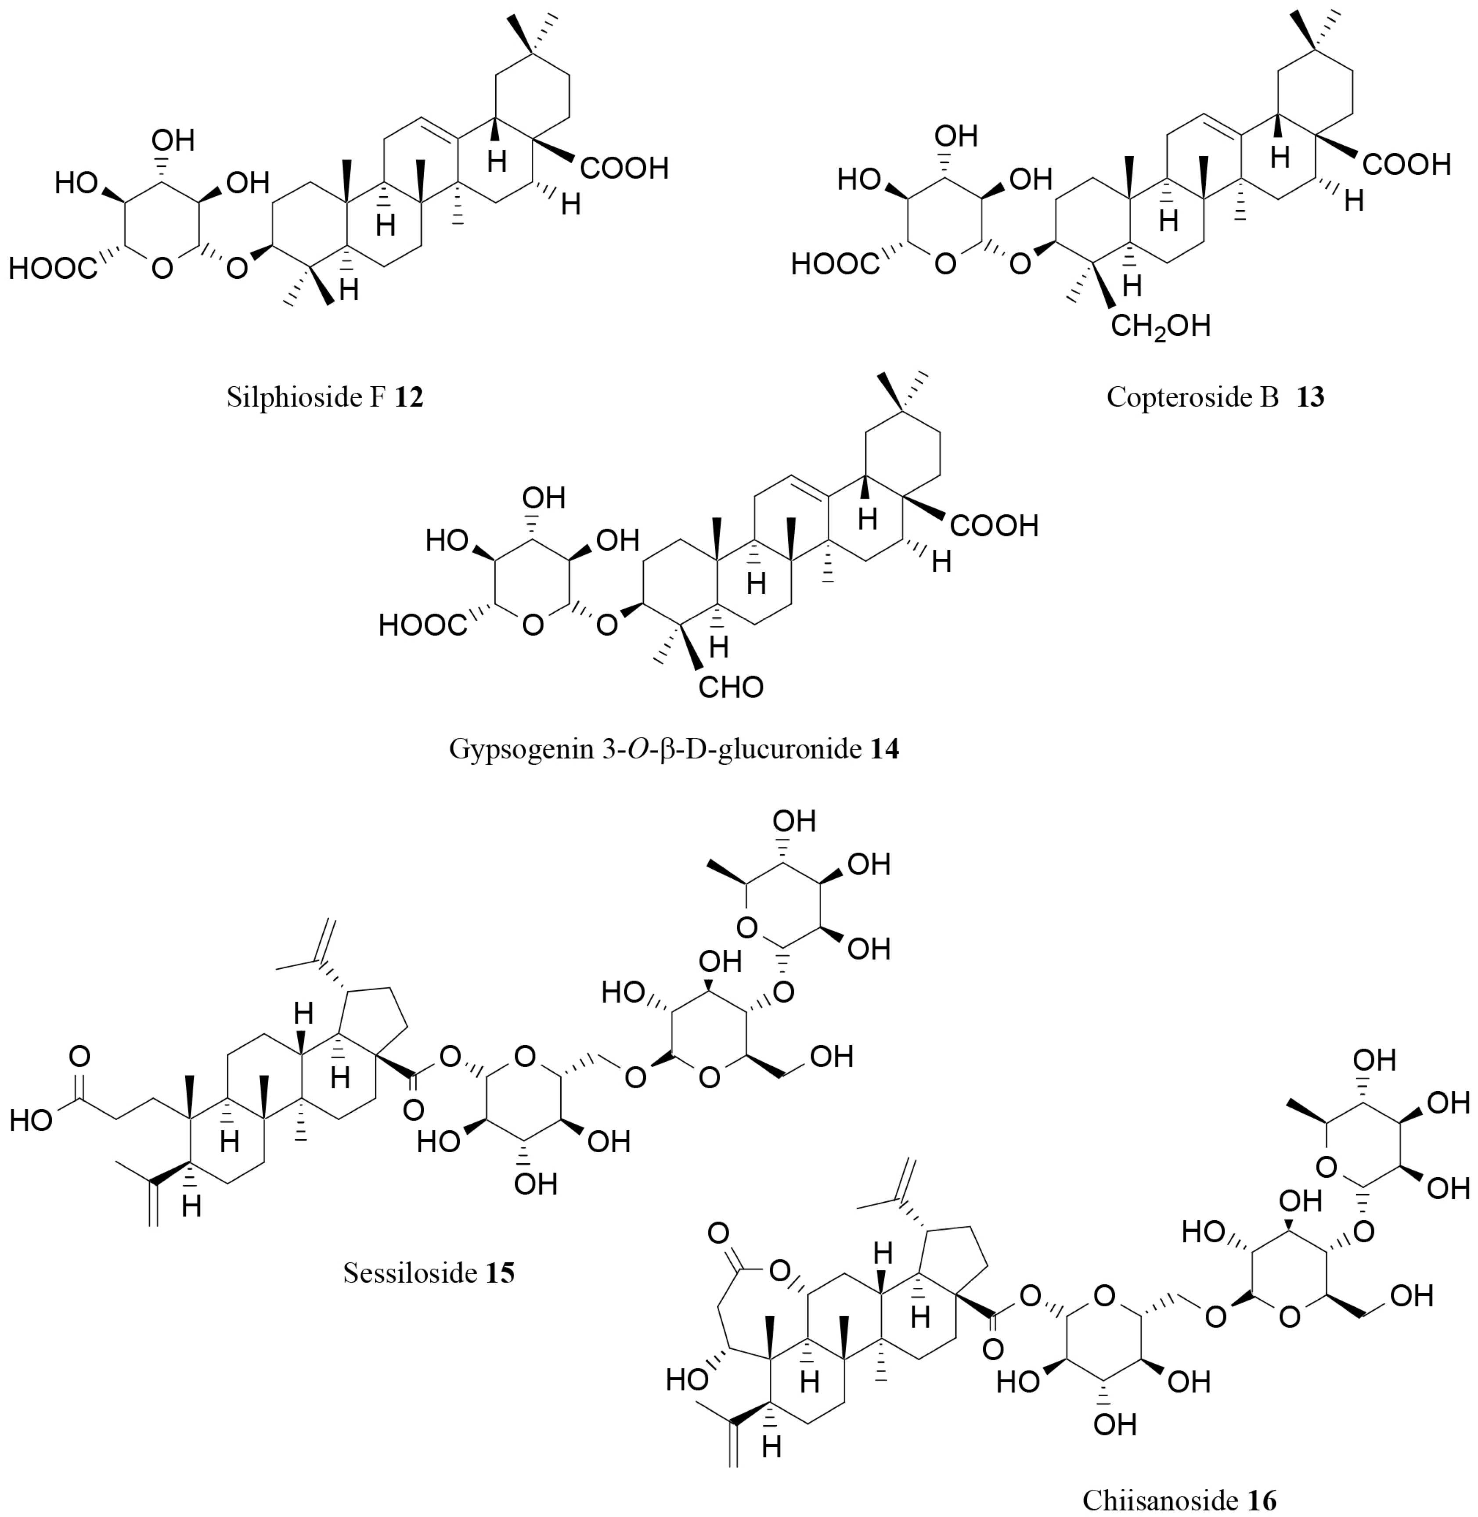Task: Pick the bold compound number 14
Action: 884,749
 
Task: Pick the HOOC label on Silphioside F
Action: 53,269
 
